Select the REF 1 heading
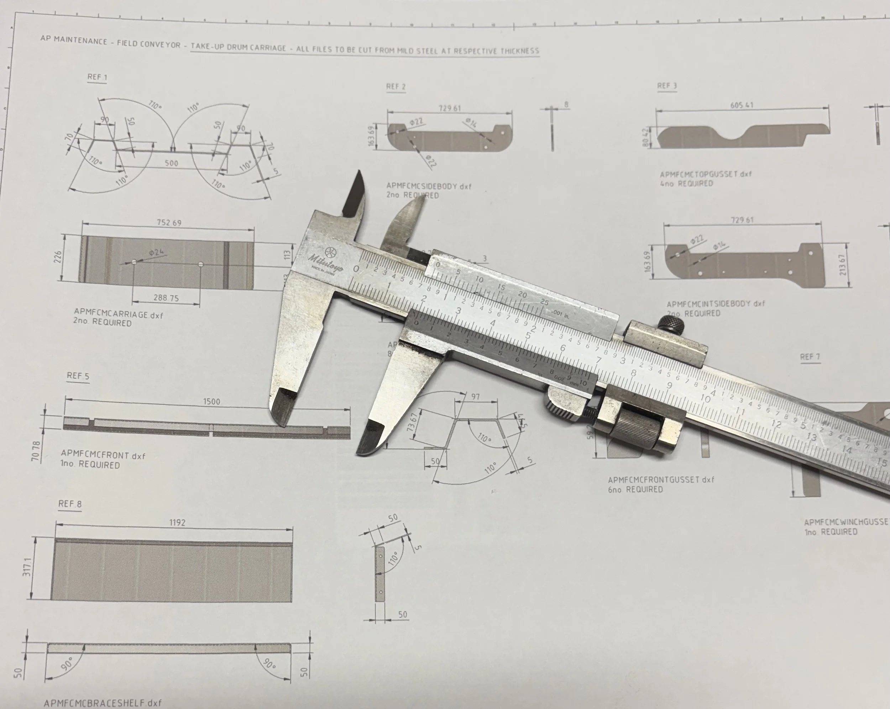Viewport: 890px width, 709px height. (x=97, y=77)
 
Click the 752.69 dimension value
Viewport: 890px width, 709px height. (x=169, y=223)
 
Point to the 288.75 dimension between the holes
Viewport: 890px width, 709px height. (x=166, y=298)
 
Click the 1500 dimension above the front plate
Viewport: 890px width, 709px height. (x=211, y=402)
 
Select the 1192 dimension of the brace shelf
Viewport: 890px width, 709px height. (x=177, y=523)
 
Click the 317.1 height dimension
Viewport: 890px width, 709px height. (x=27, y=567)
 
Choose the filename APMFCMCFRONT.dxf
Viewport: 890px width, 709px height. (x=103, y=455)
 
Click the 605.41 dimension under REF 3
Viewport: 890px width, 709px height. (x=742, y=105)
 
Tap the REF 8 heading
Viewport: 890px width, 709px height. (x=70, y=504)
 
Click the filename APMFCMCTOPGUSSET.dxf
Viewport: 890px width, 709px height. (x=706, y=174)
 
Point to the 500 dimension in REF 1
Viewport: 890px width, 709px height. (x=171, y=163)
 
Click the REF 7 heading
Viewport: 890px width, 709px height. (x=810, y=357)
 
